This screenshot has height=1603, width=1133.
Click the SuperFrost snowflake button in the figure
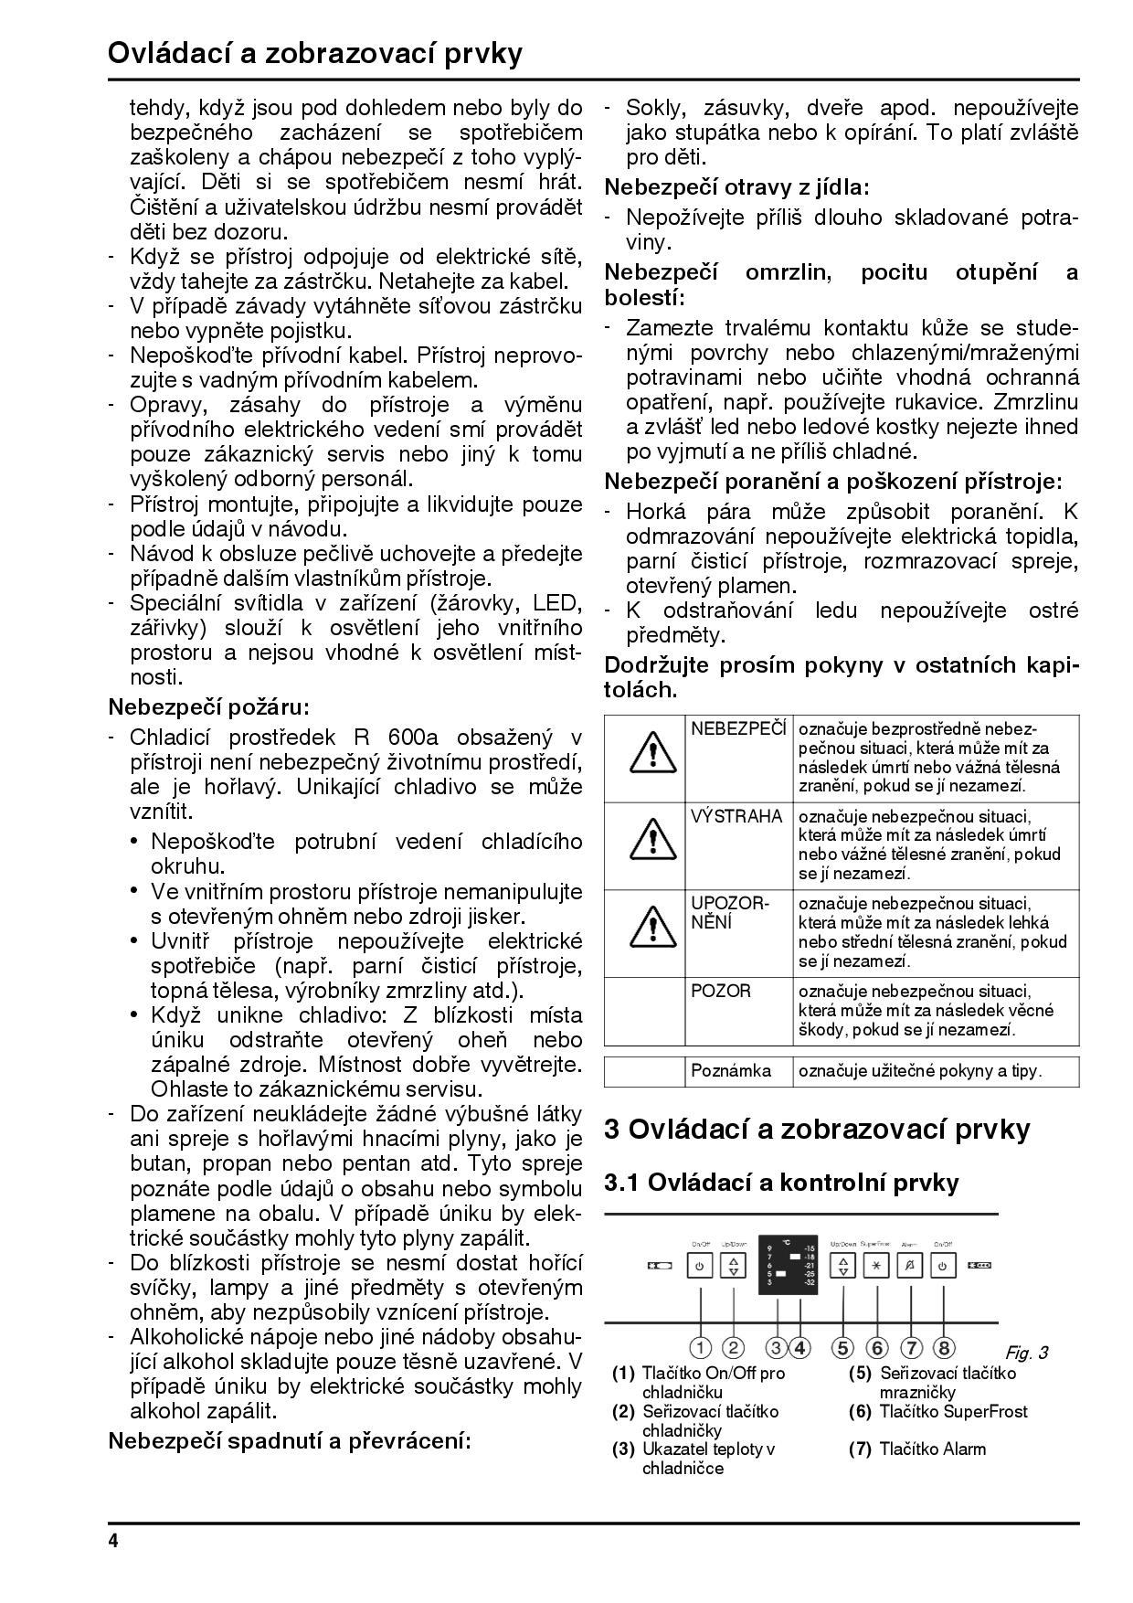pos(877,1267)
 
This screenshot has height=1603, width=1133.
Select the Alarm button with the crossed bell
pos(910,1267)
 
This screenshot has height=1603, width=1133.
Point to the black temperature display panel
pos(790,1262)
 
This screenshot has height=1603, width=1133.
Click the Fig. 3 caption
pos(1026,1353)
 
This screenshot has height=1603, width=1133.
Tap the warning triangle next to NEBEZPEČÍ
pos(652,754)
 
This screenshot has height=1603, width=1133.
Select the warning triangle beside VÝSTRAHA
pos(652,841)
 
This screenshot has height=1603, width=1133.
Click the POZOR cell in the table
pos(721,992)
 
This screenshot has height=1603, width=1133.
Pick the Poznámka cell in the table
pos(731,1071)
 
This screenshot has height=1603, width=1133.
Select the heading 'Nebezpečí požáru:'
pos(209,706)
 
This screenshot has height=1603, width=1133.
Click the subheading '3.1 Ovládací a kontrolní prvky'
pos(781,1183)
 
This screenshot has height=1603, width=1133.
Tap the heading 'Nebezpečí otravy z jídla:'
pos(737,187)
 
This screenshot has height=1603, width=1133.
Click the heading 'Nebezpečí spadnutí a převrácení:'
pos(290,1441)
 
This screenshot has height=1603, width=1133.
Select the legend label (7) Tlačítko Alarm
pos(918,1449)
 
